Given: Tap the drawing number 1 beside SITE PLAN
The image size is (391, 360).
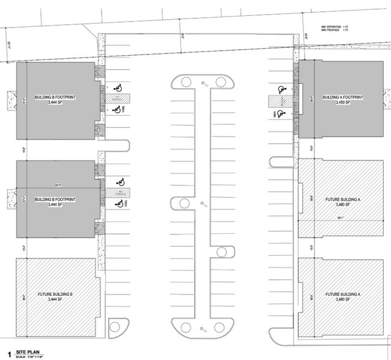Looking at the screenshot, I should click(x=9, y=353).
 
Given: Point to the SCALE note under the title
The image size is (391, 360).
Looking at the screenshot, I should click(x=34, y=357).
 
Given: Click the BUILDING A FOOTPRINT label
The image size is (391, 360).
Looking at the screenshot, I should click(x=342, y=98).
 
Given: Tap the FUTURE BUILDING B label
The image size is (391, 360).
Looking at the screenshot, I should click(x=55, y=295).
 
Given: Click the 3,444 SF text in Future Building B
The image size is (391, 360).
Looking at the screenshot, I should click(x=55, y=301).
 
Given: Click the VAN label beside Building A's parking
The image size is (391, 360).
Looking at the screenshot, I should click(x=274, y=113).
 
